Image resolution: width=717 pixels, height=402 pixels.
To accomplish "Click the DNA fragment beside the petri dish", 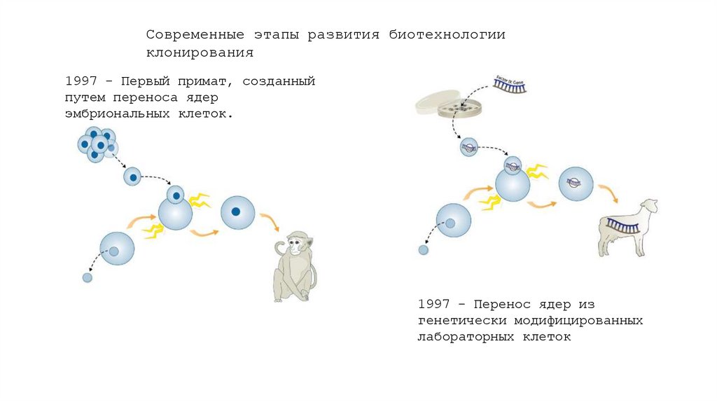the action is [510, 85].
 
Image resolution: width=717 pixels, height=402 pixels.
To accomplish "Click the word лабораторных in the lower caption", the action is [466, 337].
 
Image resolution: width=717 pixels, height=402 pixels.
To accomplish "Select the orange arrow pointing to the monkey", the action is [269, 222].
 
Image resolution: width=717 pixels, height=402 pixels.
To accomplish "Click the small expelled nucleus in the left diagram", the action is [87, 277].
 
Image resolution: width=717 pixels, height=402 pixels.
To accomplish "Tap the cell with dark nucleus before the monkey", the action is [237, 212].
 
